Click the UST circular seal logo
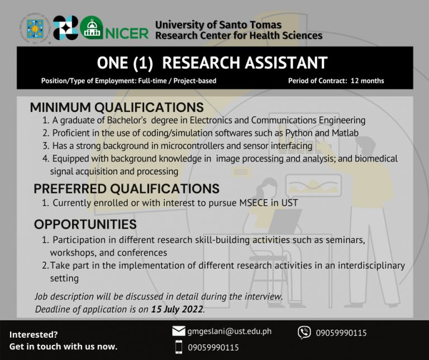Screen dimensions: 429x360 tap(35, 29)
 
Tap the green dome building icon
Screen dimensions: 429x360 tap(92, 27)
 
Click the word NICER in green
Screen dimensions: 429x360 tap(127, 34)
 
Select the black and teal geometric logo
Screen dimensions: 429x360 tap(65, 27)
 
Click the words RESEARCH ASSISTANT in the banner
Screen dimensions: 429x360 tap(245, 63)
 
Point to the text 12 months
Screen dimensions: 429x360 tap(367, 80)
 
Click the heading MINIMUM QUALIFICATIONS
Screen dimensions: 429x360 tap(117, 107)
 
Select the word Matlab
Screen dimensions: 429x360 tap(345, 133)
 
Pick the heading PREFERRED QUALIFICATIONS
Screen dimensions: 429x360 tap(126, 188)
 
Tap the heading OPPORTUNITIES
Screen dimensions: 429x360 tap(85, 225)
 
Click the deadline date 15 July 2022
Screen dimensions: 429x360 tap(177, 309)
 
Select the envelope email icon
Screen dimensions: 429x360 tap(179, 331)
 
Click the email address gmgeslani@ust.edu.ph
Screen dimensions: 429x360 tap(230, 331)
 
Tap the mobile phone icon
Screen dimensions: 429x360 tap(179, 347)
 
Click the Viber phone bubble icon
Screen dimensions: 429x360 tap(304, 333)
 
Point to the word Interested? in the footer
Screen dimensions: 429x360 tap(34, 334)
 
